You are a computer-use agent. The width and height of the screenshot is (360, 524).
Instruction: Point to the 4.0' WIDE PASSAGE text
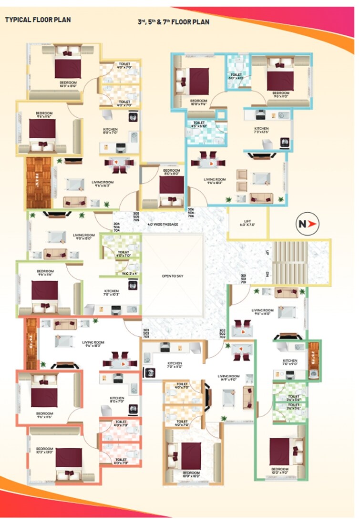click(163, 224)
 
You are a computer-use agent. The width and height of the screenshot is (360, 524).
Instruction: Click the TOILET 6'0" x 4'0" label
click(236, 76)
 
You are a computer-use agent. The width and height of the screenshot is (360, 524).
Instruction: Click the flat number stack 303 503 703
click(146, 333)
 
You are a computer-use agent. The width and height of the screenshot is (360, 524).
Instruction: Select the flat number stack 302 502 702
click(222, 333)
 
